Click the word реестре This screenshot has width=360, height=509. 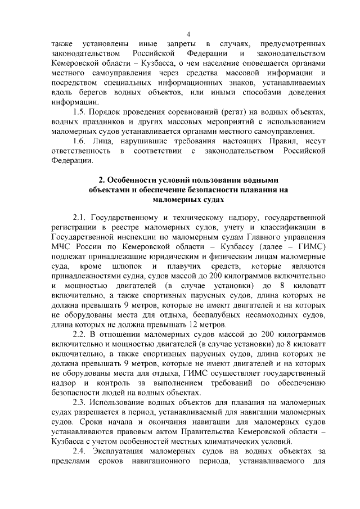[x=127, y=226]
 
